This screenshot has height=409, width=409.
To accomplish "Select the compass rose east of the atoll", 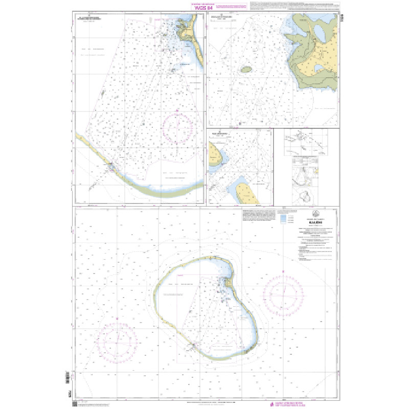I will coord(283,295).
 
